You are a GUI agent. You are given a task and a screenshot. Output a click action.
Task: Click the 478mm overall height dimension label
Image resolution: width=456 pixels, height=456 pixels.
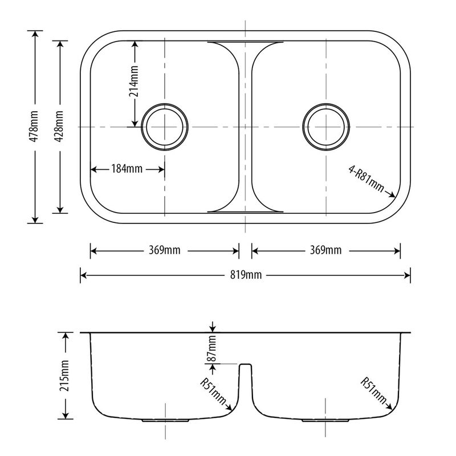click(x=34, y=127)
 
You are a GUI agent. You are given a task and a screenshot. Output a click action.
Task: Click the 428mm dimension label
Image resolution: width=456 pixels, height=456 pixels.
click(x=59, y=127)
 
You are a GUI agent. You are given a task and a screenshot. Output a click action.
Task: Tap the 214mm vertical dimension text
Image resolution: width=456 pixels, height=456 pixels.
click(x=135, y=83)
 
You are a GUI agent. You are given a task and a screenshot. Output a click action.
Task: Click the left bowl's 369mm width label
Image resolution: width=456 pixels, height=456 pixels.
click(x=164, y=250)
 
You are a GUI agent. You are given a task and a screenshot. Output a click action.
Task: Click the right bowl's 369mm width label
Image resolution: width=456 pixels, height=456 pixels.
click(x=325, y=250)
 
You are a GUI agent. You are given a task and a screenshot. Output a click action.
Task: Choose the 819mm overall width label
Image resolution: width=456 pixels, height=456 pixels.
click(x=245, y=276)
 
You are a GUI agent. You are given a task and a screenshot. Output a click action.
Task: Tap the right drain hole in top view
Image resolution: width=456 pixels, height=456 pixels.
click(x=326, y=126)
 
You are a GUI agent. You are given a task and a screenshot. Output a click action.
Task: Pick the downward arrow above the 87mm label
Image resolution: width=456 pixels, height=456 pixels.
click(x=212, y=327)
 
